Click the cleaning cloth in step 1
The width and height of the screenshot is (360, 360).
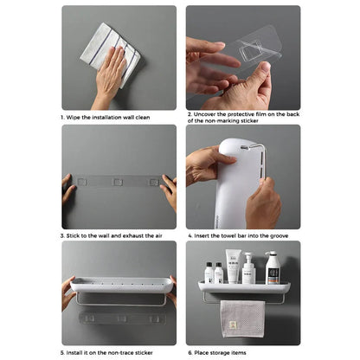107,52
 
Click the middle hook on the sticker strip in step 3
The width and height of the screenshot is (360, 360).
116,183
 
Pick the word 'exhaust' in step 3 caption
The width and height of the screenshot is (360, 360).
135,235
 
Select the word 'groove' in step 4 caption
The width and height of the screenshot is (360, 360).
282,235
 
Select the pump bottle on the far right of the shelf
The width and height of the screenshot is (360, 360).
272,268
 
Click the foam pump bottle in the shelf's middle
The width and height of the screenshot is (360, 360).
249,270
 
